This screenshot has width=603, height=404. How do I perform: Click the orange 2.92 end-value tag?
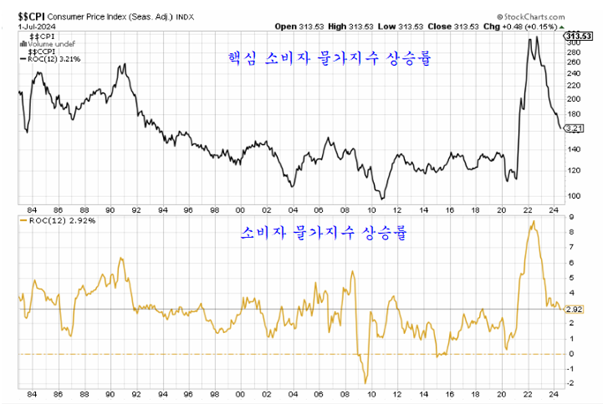(574, 310)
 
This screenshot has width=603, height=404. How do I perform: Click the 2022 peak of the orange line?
(532, 222)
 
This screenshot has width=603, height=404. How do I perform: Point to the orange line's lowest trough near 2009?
(366, 382)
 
